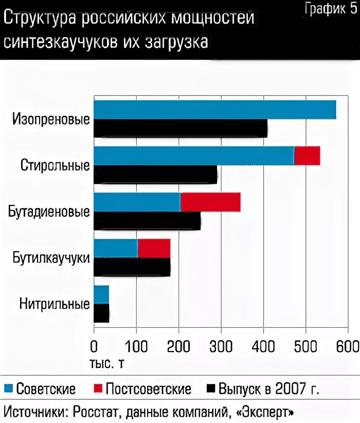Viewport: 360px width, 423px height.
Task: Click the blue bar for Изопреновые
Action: [214, 110]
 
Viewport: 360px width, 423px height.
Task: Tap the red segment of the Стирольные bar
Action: [307, 155]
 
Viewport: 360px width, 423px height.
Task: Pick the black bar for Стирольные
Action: [155, 175]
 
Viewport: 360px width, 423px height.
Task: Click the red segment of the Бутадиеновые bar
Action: [210, 202]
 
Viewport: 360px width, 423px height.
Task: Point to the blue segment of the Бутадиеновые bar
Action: [137, 202]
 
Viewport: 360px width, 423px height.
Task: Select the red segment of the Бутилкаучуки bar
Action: [154, 249]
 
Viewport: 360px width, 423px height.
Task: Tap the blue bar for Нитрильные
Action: [101, 295]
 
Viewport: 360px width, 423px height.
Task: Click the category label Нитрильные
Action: [55, 304]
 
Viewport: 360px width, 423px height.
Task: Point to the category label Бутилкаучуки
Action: [51, 258]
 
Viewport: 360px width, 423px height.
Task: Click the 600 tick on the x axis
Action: [348, 345]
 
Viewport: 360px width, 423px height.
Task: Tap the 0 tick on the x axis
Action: [94, 345]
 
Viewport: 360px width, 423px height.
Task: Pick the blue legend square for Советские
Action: [9, 389]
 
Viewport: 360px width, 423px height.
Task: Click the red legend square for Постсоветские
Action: [98, 389]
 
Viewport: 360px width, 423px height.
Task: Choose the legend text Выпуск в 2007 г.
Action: [268, 389]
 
